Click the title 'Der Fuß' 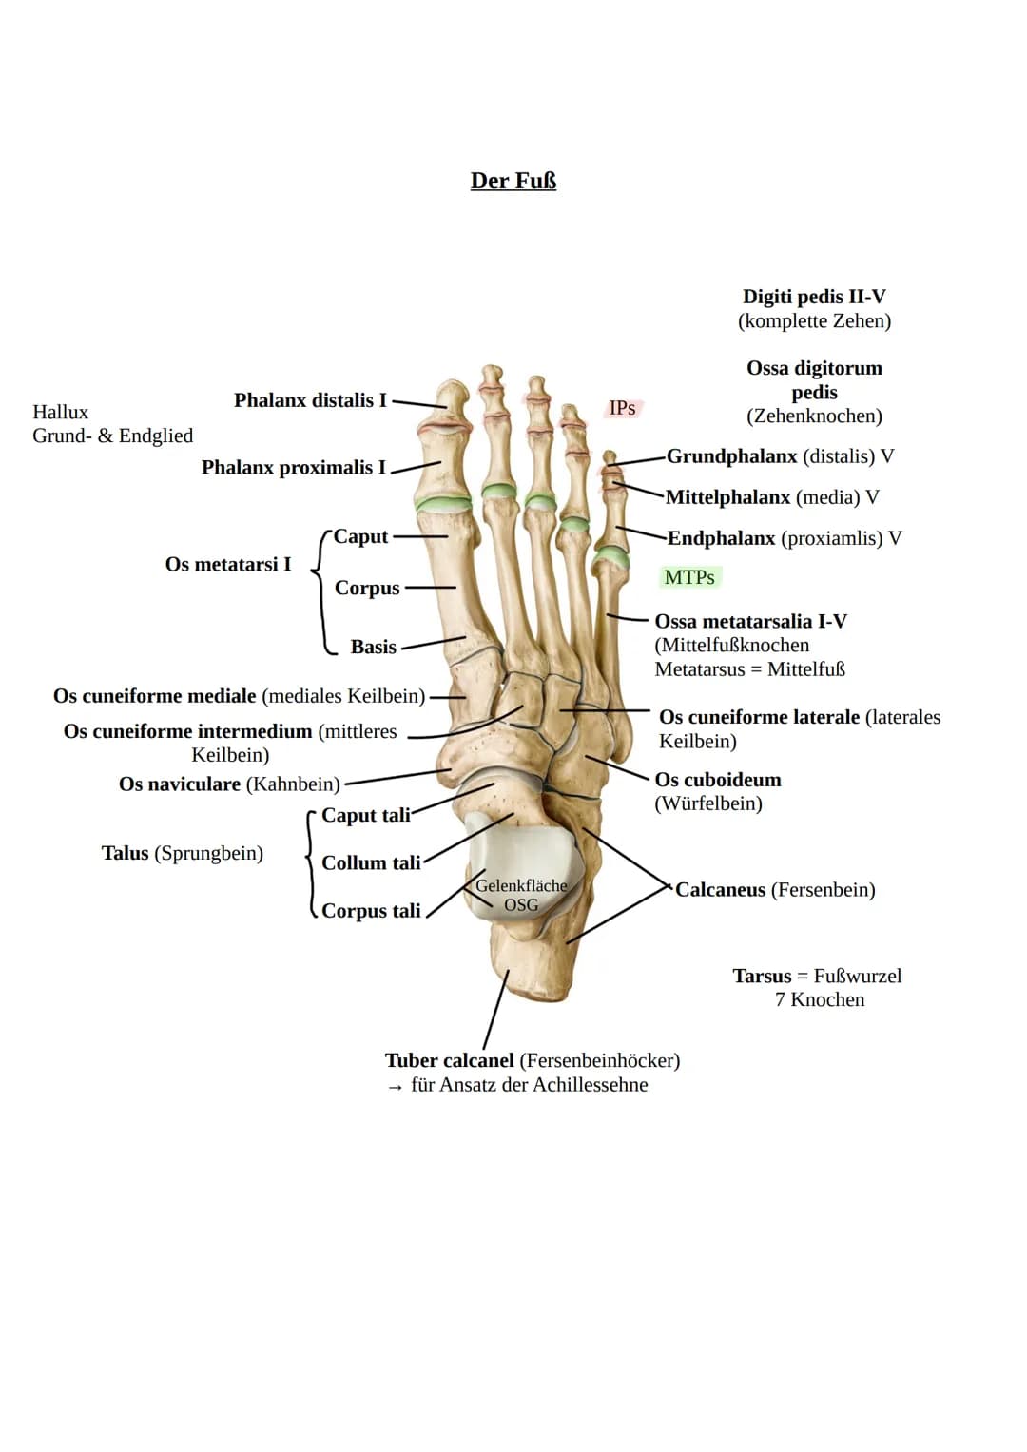(513, 181)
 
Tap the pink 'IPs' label (622, 408)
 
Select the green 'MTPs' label (689, 577)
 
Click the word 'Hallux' (60, 412)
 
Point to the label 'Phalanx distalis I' (310, 400)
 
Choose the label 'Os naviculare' (180, 784)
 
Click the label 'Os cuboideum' (718, 779)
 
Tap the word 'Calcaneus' (721, 889)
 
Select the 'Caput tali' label (366, 815)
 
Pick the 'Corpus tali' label (371, 911)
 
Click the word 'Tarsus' (762, 976)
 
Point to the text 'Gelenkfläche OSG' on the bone (521, 895)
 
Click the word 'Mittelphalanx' (727, 497)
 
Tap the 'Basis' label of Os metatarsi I (374, 647)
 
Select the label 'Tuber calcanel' (449, 1060)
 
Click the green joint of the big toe (443, 503)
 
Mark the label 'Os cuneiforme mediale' (154, 695)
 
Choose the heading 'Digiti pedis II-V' (814, 297)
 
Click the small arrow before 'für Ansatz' (395, 1087)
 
